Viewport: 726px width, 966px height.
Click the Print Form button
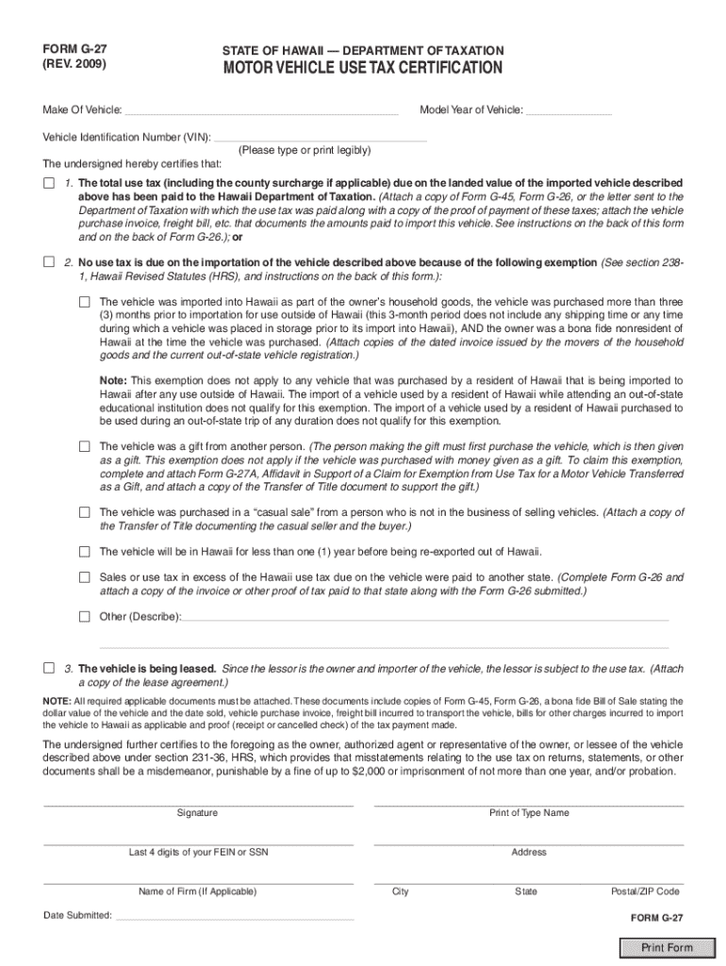coord(667,948)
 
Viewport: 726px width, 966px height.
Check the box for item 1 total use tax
coord(49,182)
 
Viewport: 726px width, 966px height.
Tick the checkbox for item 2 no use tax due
coord(49,262)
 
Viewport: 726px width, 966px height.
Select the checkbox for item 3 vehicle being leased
coord(49,668)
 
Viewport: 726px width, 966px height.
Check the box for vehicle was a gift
coord(84,445)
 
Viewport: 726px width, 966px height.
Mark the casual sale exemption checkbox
coord(84,512)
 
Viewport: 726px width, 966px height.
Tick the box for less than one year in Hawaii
coord(84,552)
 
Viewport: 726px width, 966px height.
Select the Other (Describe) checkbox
coord(84,618)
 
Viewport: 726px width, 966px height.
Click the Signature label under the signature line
coord(197,813)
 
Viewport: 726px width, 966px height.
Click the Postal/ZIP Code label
coord(645,891)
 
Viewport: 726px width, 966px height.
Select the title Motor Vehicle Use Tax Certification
coord(362,69)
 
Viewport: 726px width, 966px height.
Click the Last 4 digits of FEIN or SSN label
coord(198,853)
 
